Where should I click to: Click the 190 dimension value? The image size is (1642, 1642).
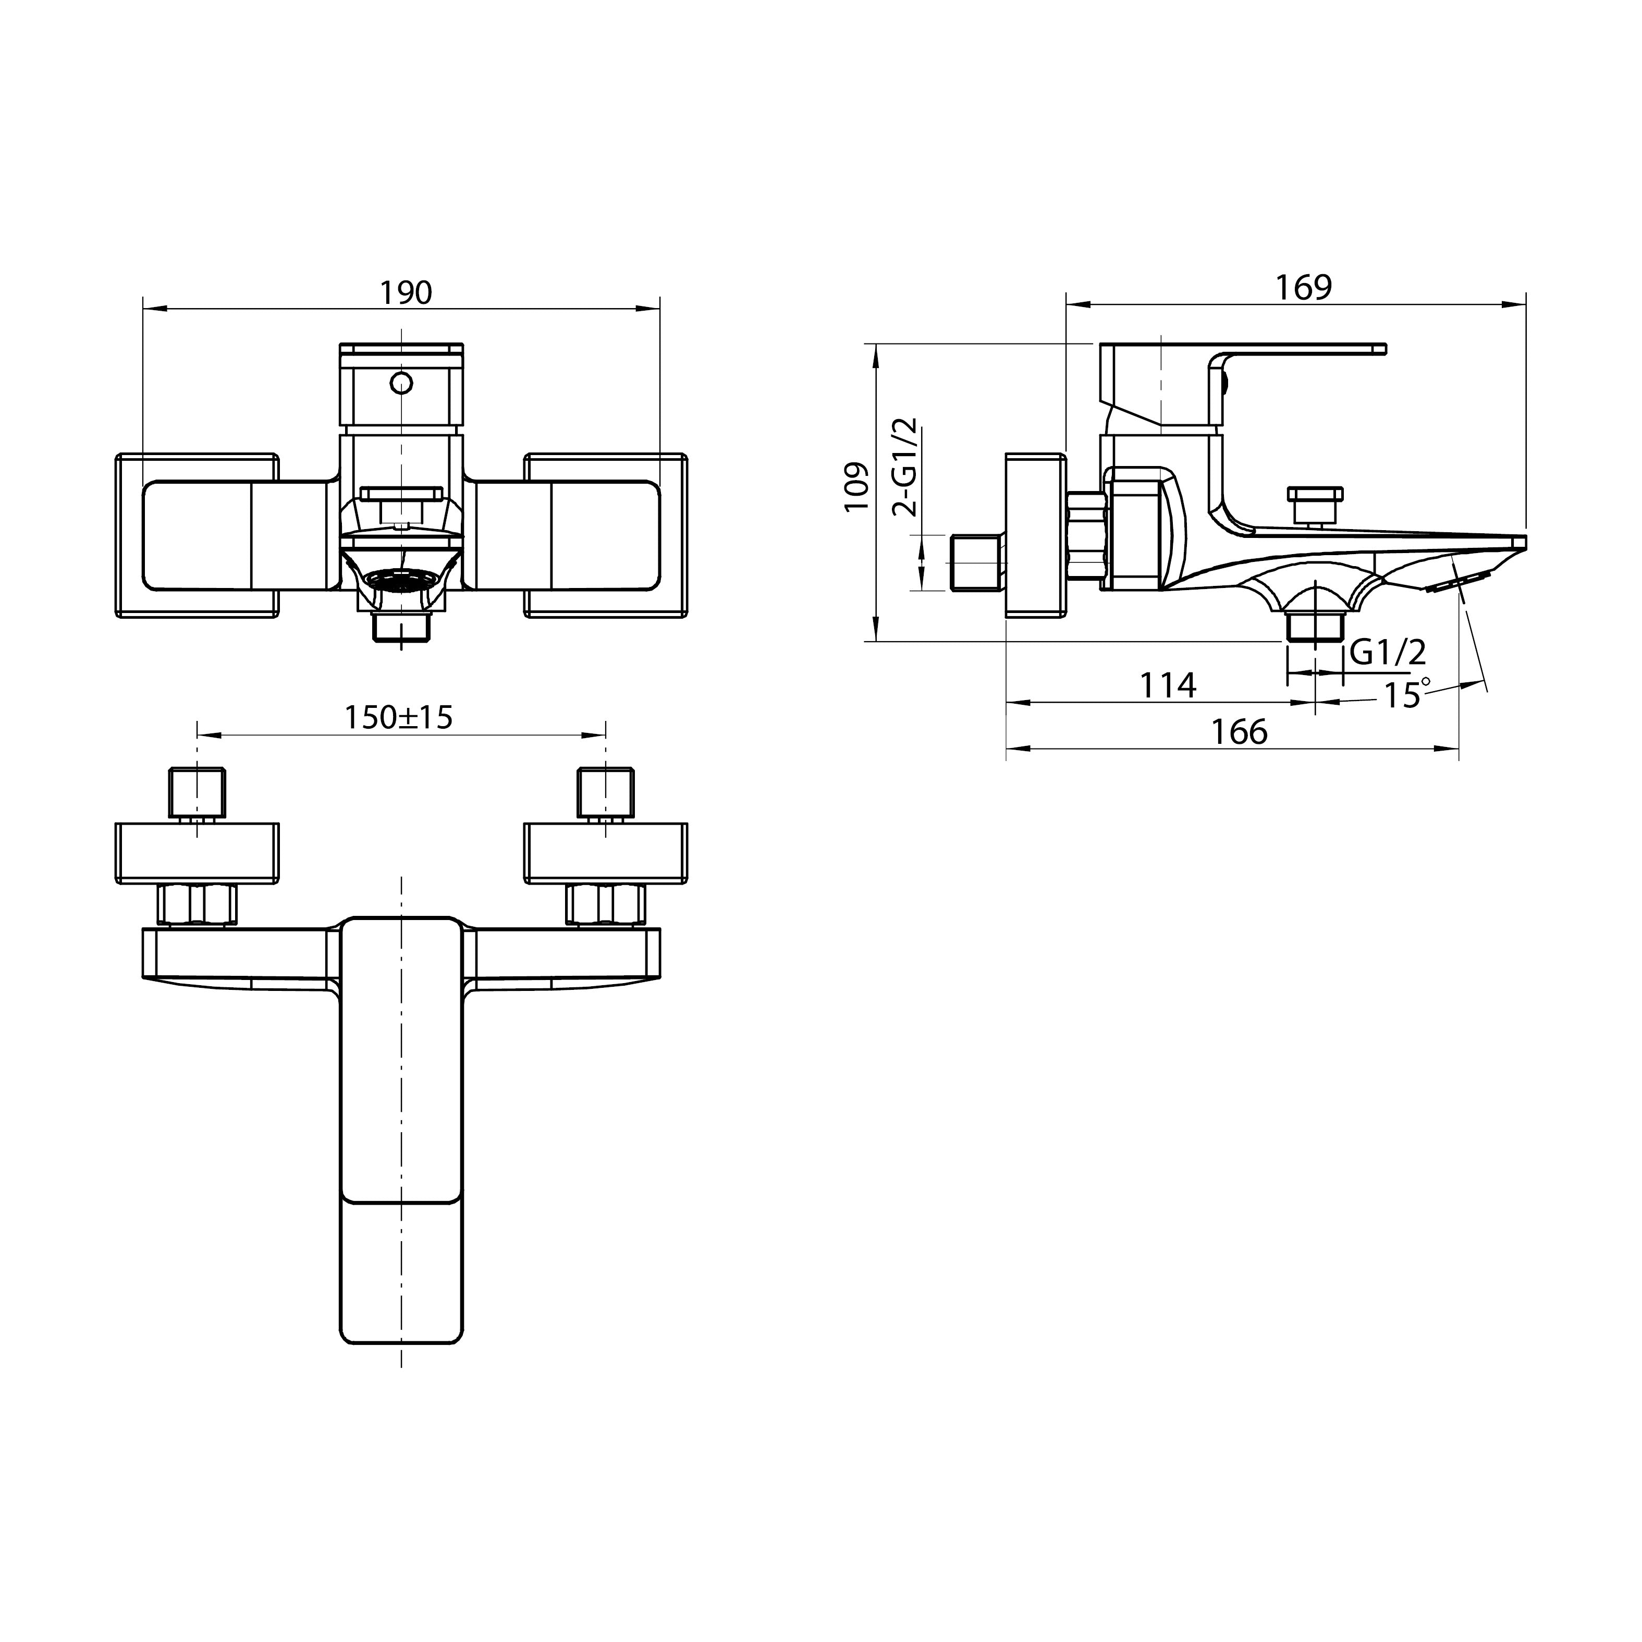(x=406, y=292)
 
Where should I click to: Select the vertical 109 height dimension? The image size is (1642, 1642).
(x=856, y=486)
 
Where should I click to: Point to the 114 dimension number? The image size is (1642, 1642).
(x=1168, y=685)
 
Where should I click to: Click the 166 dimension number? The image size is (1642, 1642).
(x=1239, y=732)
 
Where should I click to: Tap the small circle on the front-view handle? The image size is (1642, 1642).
(x=401, y=383)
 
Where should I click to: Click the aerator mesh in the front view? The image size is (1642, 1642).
(x=401, y=581)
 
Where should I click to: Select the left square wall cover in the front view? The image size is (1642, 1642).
(x=197, y=535)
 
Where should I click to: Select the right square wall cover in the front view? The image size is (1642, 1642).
(x=605, y=535)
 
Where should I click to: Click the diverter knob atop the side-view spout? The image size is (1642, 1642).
(x=1315, y=505)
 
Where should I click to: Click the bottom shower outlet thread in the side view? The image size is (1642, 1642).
(x=1314, y=627)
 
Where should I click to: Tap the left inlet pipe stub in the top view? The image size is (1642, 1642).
(x=198, y=792)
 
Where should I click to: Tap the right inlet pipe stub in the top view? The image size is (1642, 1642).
(x=605, y=792)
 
